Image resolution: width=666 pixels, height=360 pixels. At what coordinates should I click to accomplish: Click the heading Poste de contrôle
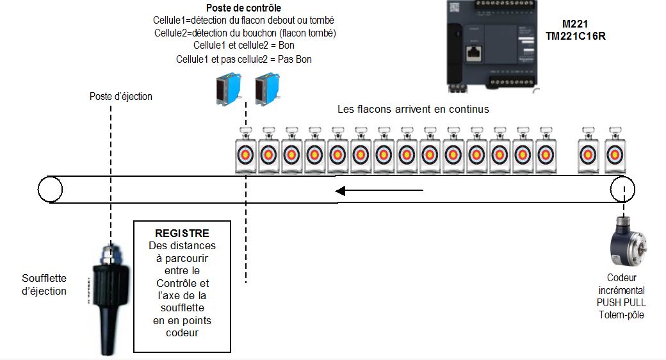[244, 8]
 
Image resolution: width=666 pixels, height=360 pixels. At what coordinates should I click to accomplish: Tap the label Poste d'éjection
[121, 96]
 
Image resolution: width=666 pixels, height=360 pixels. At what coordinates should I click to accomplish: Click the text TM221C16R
[576, 37]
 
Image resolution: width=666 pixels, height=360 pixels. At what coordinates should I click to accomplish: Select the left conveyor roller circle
[50, 190]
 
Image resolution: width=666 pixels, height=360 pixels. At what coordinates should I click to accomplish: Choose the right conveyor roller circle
[622, 190]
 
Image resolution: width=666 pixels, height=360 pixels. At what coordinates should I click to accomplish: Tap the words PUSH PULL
[621, 302]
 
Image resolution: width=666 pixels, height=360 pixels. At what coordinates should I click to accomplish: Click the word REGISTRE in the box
[182, 234]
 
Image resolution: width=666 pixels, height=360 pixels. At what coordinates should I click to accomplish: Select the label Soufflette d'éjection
[44, 284]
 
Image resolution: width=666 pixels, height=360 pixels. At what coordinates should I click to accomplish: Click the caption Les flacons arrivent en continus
[413, 109]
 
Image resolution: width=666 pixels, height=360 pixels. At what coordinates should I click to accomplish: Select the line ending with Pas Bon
[244, 59]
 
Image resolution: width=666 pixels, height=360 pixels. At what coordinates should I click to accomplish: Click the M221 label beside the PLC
[576, 23]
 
